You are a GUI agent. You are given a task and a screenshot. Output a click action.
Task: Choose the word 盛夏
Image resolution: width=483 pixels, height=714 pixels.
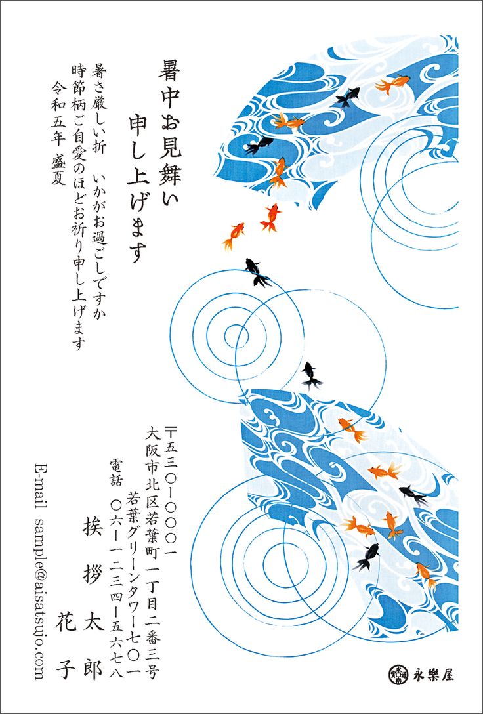point(58,171)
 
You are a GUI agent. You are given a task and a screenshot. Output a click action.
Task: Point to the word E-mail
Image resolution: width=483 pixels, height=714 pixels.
point(41,482)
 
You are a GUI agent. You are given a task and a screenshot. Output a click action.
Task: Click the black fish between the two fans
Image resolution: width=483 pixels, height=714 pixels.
point(311,375)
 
